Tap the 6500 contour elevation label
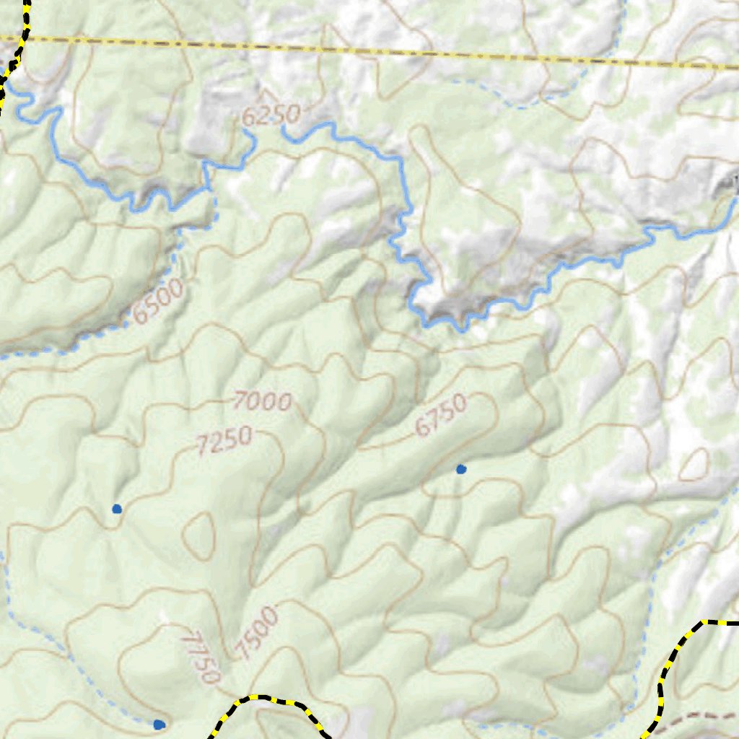[158, 302]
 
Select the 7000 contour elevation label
[263, 401]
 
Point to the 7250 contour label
[224, 441]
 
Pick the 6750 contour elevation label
[442, 415]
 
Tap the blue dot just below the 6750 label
[461, 469]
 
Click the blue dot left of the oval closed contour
[117, 509]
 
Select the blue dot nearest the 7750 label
[159, 724]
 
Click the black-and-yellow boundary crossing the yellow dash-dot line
[22, 36]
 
